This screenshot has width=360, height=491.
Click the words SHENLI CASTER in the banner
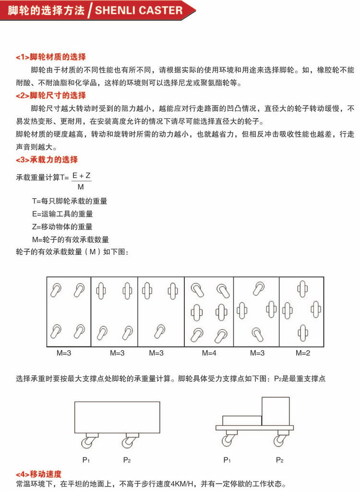coord(139,11)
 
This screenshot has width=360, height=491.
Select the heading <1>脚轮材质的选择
coord(51,57)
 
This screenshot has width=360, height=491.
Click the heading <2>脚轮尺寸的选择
coord(51,95)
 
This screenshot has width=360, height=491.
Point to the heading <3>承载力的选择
coord(47,159)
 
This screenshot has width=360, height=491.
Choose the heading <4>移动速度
coord(39,474)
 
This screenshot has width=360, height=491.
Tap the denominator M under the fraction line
coord(81,187)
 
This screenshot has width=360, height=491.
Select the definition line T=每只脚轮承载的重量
coord(70,201)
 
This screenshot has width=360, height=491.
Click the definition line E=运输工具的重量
coord(62,214)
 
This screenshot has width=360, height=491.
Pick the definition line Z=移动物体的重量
coord(62,227)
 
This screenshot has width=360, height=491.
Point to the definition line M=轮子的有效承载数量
coord(70,239)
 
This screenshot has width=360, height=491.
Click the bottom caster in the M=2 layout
coord(302,332)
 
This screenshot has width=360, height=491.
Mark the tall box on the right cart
coord(276,411)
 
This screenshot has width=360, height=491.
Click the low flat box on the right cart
coord(242,420)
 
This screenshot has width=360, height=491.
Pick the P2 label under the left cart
coord(127,460)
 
